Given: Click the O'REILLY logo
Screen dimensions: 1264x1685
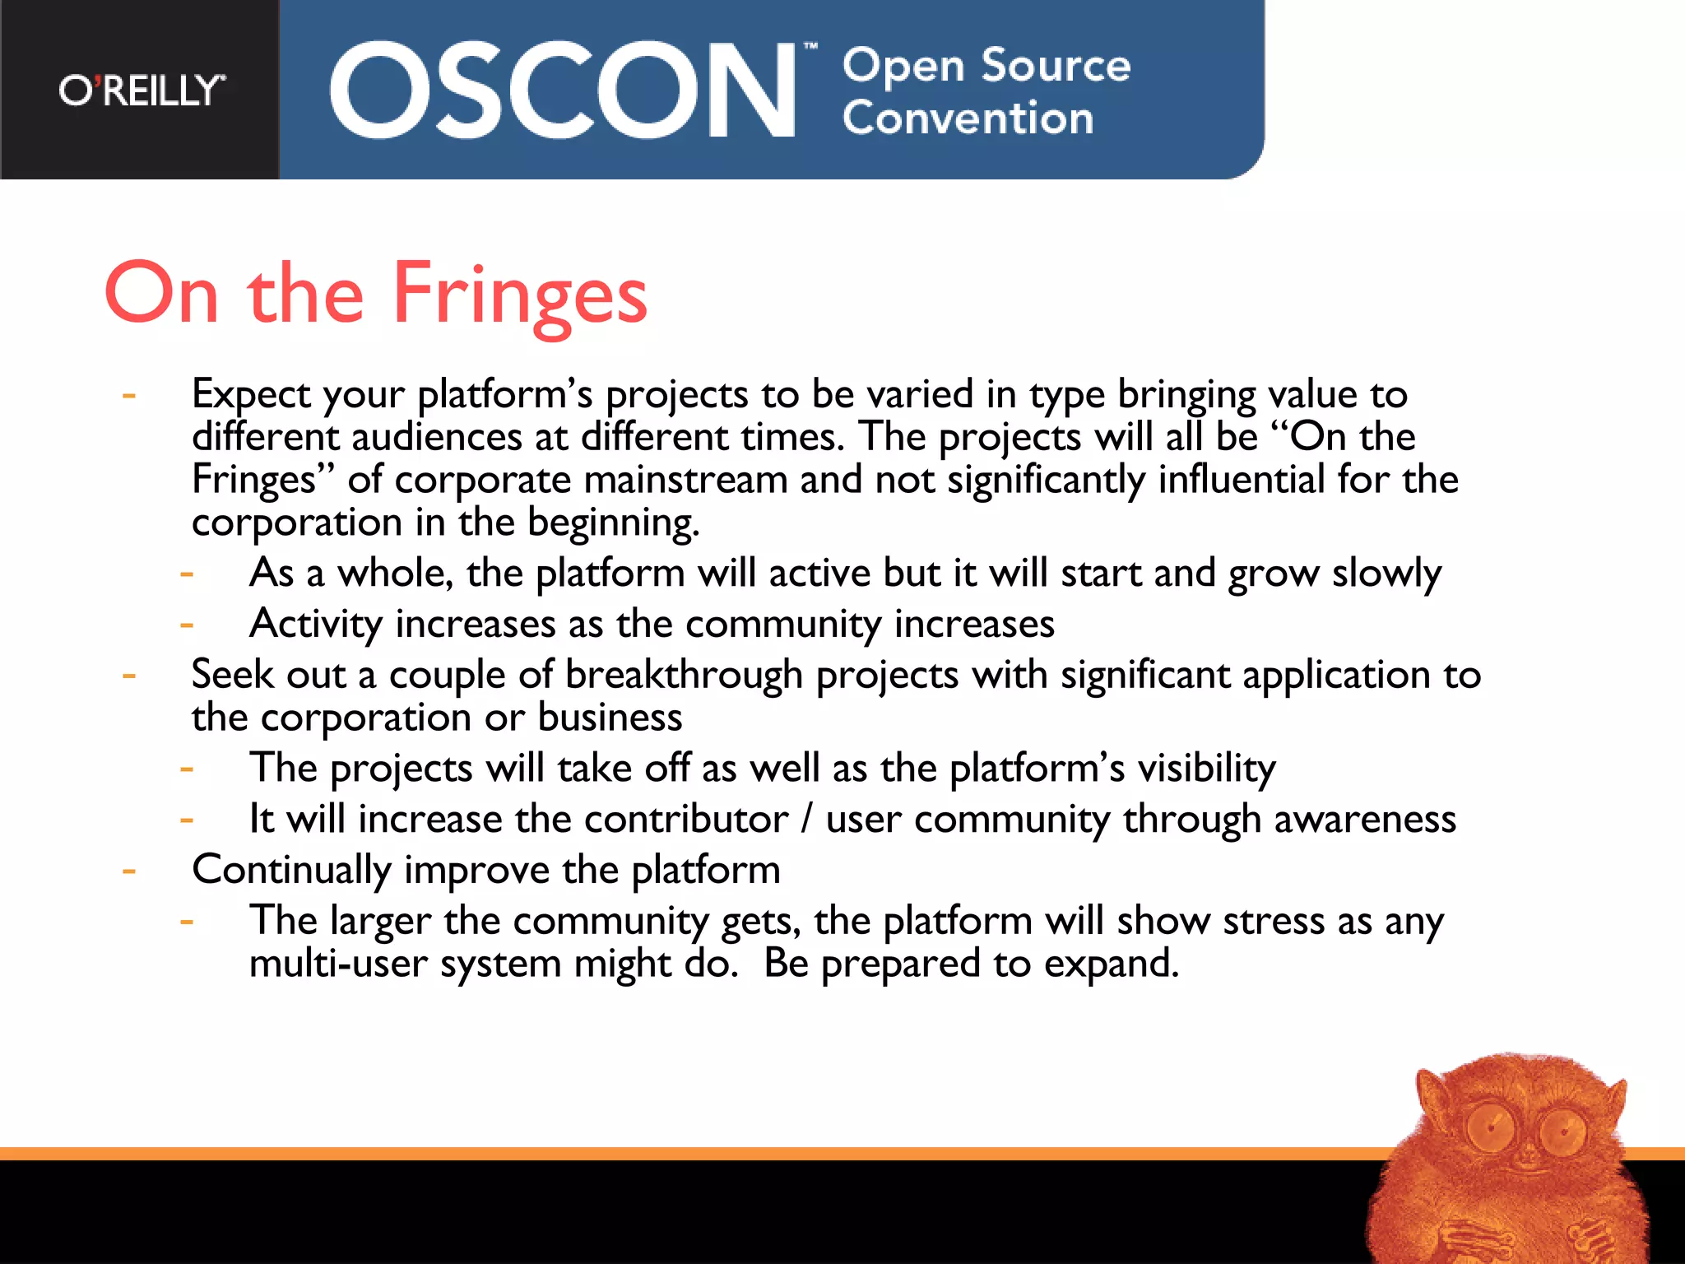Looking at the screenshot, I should (x=142, y=91).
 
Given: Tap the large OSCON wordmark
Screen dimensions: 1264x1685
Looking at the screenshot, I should (x=563, y=91).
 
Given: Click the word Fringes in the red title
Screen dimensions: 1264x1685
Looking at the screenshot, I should (x=520, y=295).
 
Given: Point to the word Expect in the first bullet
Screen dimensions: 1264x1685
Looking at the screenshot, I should (x=251, y=395).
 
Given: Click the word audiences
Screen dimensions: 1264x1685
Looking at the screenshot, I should (x=437, y=437).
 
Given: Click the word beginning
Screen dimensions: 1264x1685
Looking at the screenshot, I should (x=613, y=523).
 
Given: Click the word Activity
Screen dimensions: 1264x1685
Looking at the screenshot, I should (x=316, y=624).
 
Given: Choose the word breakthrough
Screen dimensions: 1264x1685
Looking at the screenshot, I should (x=684, y=675).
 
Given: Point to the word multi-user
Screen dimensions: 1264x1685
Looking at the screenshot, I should (x=338, y=964).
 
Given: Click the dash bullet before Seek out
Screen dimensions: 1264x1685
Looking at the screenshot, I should (x=129, y=676).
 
